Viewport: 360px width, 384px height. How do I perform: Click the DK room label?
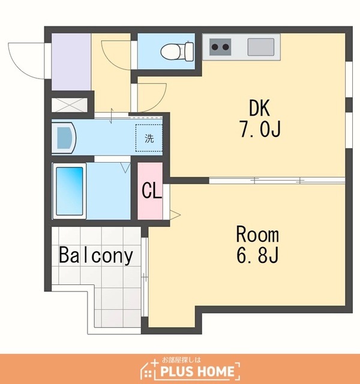[x=260, y=108]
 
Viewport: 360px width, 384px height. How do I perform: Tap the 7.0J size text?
[x=260, y=129]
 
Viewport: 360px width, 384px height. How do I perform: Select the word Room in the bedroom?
[x=257, y=235]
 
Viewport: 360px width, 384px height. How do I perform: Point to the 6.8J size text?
[x=257, y=255]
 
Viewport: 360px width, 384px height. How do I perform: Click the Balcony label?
[x=96, y=256]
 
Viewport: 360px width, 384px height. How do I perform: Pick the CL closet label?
[x=152, y=191]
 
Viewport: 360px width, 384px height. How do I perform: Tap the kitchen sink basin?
[x=260, y=47]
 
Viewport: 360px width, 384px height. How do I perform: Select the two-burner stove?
[x=220, y=47]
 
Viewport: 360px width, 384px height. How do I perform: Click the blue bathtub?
[x=70, y=191]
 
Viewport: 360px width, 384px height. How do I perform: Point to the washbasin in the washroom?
[x=64, y=138]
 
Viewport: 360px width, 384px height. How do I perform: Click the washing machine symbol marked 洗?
[x=149, y=138]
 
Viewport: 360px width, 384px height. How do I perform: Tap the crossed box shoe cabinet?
[x=70, y=105]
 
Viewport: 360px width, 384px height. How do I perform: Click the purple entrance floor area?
[x=71, y=62]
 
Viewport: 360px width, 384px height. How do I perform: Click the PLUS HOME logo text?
[x=197, y=371]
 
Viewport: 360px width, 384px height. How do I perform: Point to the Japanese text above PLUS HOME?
[x=181, y=360]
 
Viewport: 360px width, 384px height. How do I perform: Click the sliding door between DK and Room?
[x=277, y=181]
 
